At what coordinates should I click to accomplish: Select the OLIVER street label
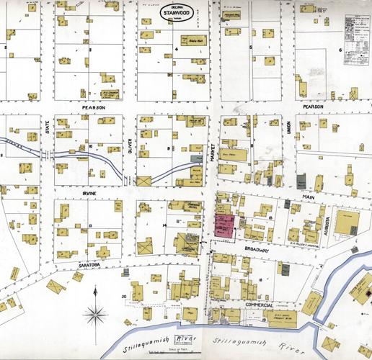(x=130, y=146)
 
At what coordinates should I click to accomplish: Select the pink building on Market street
(x=224, y=225)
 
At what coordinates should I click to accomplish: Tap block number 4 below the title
(x=176, y=50)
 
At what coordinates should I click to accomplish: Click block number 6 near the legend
(x=340, y=50)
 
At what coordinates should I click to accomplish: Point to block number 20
(x=124, y=296)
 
